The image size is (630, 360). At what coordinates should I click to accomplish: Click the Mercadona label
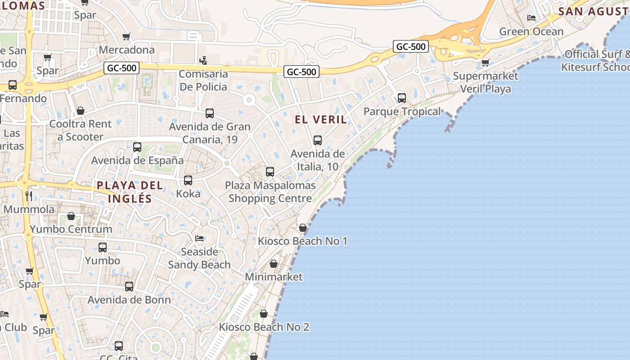(x=126, y=49)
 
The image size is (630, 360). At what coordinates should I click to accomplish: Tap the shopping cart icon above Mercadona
(x=126, y=36)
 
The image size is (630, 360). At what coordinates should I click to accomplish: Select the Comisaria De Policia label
(x=203, y=80)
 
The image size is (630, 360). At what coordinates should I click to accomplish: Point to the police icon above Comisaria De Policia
(x=203, y=60)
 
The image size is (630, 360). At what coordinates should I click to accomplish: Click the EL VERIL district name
(x=321, y=119)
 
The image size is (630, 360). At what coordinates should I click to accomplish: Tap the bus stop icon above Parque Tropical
(x=401, y=98)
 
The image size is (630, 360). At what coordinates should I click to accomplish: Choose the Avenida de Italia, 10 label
(x=318, y=160)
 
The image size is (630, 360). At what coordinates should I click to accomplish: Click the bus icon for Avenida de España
(x=137, y=147)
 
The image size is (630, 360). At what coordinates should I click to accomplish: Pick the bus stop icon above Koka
(x=188, y=180)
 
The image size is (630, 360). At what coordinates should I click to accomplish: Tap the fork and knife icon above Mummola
(x=29, y=195)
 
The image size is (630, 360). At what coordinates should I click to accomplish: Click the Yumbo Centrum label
(x=71, y=229)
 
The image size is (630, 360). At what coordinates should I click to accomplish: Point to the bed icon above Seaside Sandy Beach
(x=199, y=238)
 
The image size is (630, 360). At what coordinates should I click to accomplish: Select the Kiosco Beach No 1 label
(x=302, y=241)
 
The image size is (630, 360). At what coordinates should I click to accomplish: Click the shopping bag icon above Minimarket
(x=274, y=264)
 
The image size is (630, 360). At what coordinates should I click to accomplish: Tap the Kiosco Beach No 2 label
(x=264, y=327)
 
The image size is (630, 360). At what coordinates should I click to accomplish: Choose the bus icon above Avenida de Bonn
(x=129, y=287)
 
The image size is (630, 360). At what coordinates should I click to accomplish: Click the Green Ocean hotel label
(x=531, y=31)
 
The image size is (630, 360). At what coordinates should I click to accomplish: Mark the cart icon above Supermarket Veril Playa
(x=485, y=63)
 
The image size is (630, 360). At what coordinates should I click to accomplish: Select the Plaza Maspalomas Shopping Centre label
(x=270, y=192)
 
